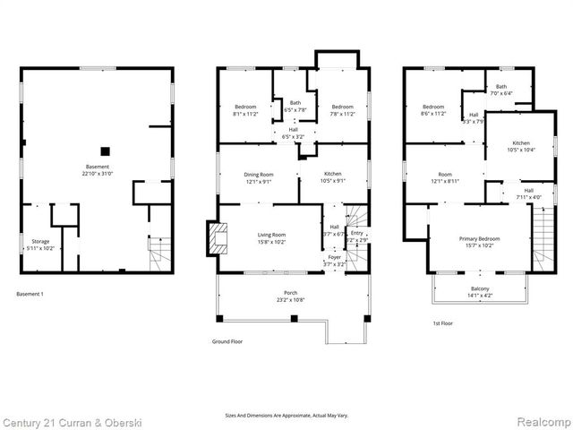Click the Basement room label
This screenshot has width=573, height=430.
click(97, 170)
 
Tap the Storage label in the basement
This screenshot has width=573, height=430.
click(41, 244)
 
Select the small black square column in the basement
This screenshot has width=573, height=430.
click(105, 151)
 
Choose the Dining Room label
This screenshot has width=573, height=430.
click(259, 177)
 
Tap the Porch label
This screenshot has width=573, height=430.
click(291, 296)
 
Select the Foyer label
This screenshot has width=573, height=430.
click(335, 262)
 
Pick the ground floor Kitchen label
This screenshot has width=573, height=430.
click(333, 177)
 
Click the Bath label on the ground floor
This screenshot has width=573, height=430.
click(295, 106)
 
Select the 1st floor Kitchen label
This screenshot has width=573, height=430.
click(522, 147)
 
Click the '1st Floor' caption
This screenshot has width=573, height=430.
click(442, 323)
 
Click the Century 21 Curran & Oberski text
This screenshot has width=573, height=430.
click(65, 421)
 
